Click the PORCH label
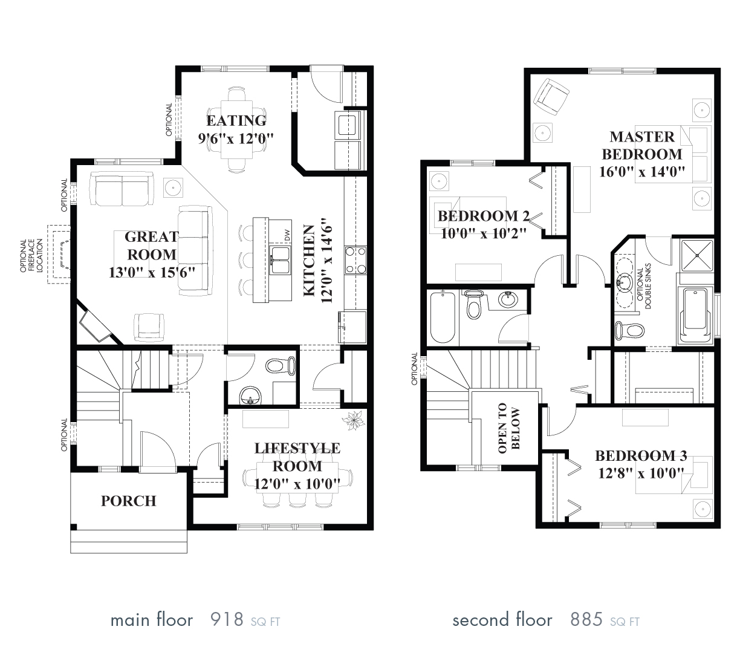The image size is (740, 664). pos(128,501)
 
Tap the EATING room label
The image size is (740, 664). pos(236,120)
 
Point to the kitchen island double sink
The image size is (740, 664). pos(279,257)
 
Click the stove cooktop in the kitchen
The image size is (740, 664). pos(355,259)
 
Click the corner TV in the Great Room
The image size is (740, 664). pos(93,325)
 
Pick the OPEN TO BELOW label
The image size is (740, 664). pos(508,429)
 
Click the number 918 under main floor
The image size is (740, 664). pos(226,620)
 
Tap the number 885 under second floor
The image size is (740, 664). pos(586,620)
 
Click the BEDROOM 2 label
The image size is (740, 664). pos(484,216)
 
